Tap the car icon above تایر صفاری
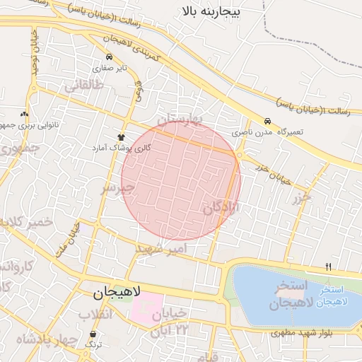coord(107,57)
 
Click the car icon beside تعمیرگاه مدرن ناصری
coord(267,121)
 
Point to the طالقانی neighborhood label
coord(85,86)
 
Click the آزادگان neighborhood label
coord(222,208)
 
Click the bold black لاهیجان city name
coord(117,291)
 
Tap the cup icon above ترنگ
coord(93,334)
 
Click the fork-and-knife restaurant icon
coord(328,267)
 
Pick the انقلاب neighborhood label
coord(95,314)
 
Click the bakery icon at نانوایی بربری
coord(25,114)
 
